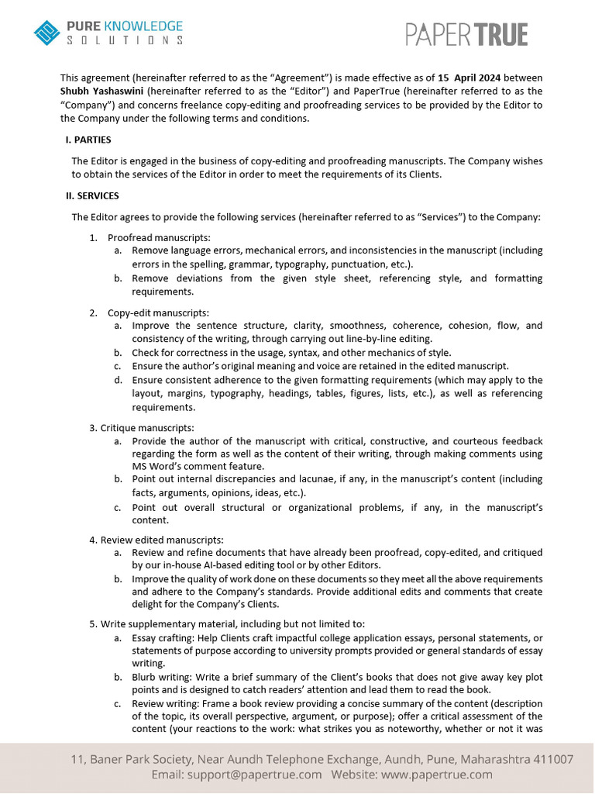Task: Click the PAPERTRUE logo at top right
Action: [467, 35]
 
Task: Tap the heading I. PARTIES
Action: [88, 140]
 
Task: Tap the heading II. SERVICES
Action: [92, 196]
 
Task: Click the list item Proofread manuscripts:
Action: [159, 237]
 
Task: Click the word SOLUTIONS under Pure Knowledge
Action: [125, 40]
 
